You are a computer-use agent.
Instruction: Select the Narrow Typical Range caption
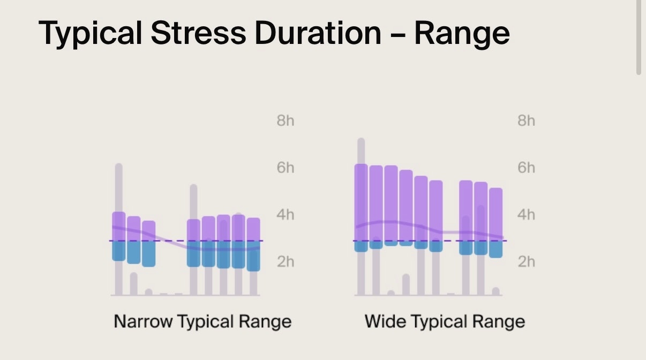(x=202, y=321)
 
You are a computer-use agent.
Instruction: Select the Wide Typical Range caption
(x=445, y=321)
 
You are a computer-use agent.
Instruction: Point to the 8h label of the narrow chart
(x=286, y=121)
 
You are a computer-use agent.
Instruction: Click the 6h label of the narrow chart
(x=286, y=168)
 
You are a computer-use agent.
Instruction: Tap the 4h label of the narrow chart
(x=286, y=215)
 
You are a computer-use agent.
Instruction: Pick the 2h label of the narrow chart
(x=286, y=261)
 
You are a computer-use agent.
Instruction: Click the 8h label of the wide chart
(x=526, y=121)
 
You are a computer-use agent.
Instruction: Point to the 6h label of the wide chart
(x=526, y=168)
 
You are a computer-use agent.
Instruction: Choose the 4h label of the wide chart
(x=526, y=215)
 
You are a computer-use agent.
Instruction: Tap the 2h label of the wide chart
(x=526, y=261)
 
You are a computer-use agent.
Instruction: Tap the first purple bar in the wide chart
(x=361, y=201)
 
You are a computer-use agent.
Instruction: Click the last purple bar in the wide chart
(x=496, y=214)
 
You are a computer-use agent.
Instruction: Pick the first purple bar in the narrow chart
(x=119, y=226)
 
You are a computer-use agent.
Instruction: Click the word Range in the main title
(x=462, y=33)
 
